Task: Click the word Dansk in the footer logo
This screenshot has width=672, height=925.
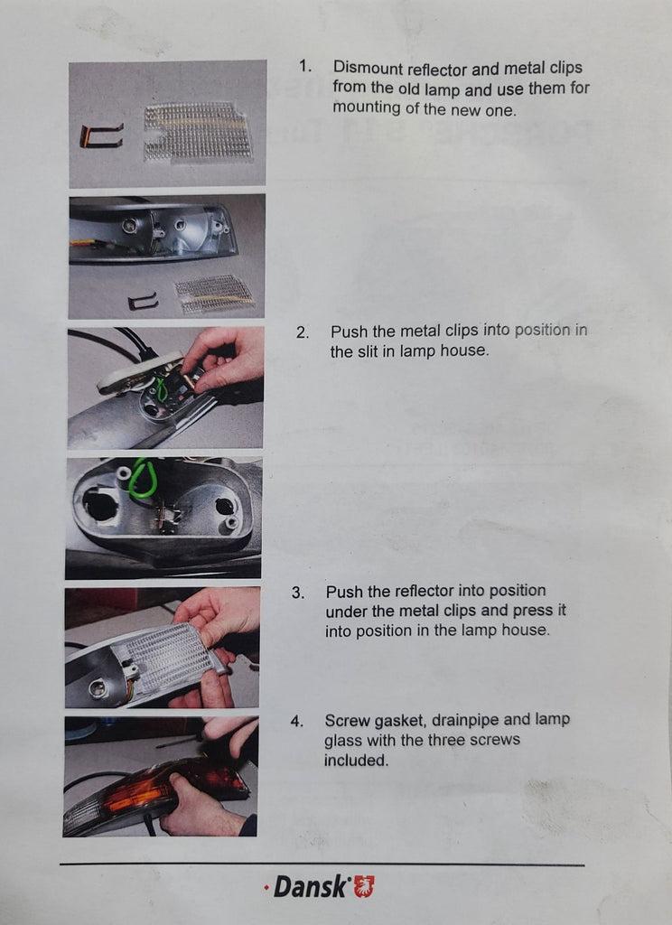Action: click(311, 887)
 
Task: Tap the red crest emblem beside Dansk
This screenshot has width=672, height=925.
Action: click(363, 887)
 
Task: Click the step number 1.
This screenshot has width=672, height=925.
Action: click(304, 66)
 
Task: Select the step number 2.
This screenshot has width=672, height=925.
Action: click(302, 332)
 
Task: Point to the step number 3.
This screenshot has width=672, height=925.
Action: click(298, 593)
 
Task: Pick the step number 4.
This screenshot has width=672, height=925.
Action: click(296, 722)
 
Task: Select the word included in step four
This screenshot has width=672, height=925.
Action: click(356, 761)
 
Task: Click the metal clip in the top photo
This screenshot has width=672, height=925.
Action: click(101, 135)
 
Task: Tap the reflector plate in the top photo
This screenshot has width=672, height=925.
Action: click(198, 132)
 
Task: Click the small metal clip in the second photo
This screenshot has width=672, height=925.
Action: click(143, 302)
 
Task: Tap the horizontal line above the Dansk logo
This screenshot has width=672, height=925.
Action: click(322, 864)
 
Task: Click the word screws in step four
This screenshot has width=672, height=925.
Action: click(494, 740)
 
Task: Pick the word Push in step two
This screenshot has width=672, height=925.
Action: click(349, 332)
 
